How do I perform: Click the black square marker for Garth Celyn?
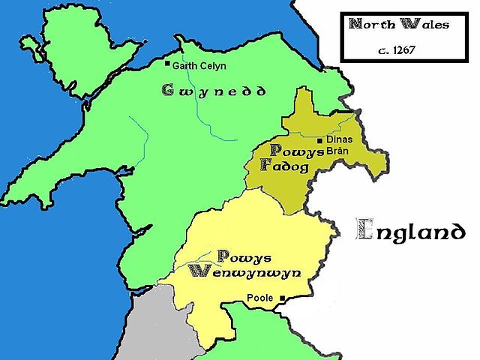click(x=167, y=63)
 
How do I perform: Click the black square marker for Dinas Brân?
click(x=320, y=140)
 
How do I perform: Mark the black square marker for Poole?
click(x=283, y=298)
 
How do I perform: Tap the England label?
click(x=410, y=229)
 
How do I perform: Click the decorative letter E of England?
click(x=365, y=229)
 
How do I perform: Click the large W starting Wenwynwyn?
click(x=199, y=271)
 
